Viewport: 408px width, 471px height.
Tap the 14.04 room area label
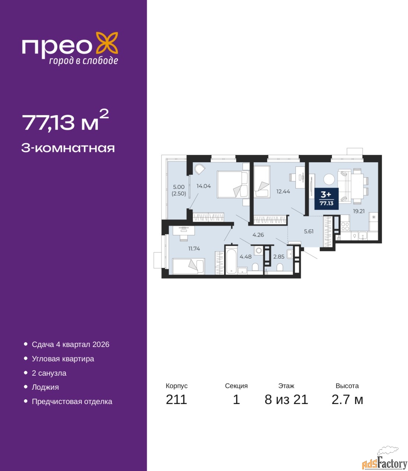(204, 186)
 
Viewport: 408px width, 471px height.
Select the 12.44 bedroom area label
(283, 192)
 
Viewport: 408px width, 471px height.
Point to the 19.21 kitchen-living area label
(359, 211)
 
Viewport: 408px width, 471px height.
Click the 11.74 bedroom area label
(194, 249)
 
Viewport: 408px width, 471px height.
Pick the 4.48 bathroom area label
(246, 257)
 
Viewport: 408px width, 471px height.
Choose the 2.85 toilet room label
(279, 257)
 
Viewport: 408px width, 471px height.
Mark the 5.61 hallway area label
(309, 231)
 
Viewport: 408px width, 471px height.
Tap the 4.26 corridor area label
(258, 235)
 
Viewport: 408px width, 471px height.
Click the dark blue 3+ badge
(326, 198)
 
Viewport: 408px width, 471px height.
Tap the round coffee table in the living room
(329, 179)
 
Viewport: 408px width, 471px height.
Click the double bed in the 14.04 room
(233, 184)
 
